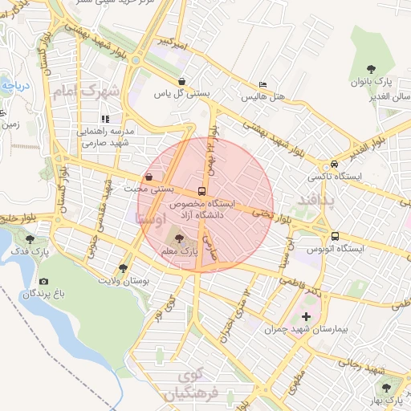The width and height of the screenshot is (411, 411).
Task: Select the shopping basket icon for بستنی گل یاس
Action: click(x=183, y=81)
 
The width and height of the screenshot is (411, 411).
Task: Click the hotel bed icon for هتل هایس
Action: click(x=262, y=85)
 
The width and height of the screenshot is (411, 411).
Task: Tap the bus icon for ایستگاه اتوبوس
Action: click(x=335, y=236)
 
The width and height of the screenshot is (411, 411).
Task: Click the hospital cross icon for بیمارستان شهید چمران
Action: click(x=306, y=317)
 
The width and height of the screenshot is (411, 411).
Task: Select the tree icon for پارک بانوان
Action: click(x=370, y=70)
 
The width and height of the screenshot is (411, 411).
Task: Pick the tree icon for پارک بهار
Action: click(x=387, y=388)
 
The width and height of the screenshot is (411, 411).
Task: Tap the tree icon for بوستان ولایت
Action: click(x=123, y=268)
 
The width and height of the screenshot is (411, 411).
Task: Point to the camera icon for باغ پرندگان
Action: click(x=43, y=282)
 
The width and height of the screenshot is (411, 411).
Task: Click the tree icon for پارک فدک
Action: click(x=30, y=238)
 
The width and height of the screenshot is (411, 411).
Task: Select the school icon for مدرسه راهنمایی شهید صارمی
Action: click(x=104, y=119)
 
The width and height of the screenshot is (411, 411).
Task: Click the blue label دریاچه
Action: click(x=14, y=83)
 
